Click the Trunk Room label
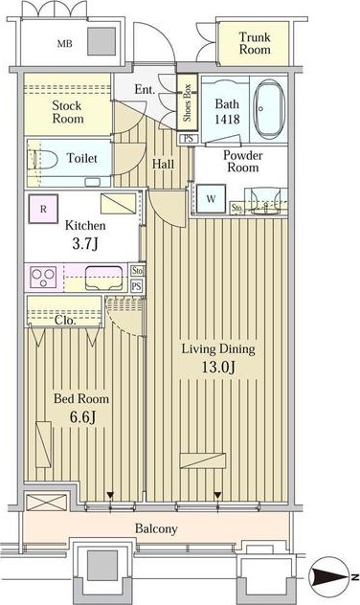pos(255,43)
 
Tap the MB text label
pos(64,44)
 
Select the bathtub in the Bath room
pos(269,109)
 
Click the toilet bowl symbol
pos(42,159)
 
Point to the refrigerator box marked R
pos(43,209)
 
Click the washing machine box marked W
pos(211,199)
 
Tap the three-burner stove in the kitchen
pos(43,278)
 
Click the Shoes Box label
pos(187,102)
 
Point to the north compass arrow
pos(333,577)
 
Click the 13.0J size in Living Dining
pos(218,367)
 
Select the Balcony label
pos(156,528)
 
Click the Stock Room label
pos(68,112)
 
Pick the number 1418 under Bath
pos(227,120)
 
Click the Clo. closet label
pos(65,321)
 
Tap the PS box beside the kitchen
pos(137,286)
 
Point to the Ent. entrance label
pos(145,90)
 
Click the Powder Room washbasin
pos(266,201)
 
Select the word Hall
pos(163,164)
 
